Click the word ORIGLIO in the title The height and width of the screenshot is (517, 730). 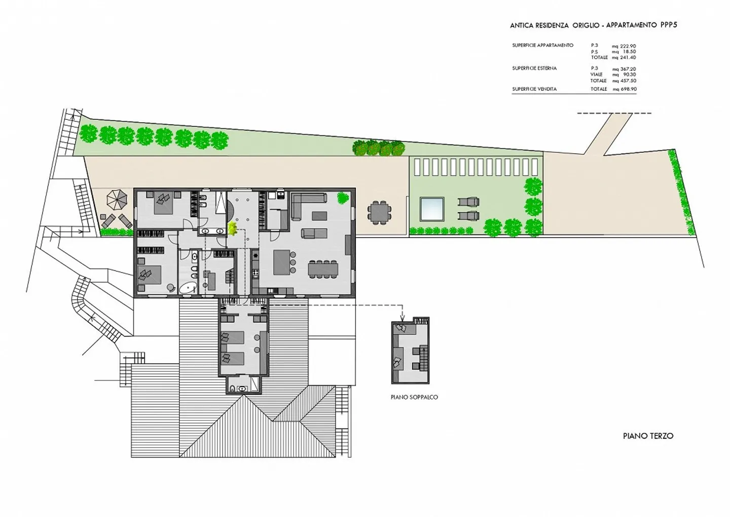(586, 25)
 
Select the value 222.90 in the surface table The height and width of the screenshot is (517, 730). (628, 46)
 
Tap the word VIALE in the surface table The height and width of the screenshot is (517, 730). (596, 75)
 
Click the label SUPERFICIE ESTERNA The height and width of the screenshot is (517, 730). (534, 68)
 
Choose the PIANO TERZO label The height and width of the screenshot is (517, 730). (648, 436)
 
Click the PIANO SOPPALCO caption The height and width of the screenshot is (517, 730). (414, 397)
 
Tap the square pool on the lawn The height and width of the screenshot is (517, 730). (432, 209)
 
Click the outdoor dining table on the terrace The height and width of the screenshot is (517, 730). (379, 213)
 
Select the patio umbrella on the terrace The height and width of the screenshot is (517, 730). (117, 200)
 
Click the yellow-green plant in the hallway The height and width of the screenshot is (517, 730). (232, 228)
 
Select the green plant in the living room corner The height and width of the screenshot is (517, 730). (343, 198)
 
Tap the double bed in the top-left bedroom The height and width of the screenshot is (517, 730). (163, 203)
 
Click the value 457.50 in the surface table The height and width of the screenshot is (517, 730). (628, 81)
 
